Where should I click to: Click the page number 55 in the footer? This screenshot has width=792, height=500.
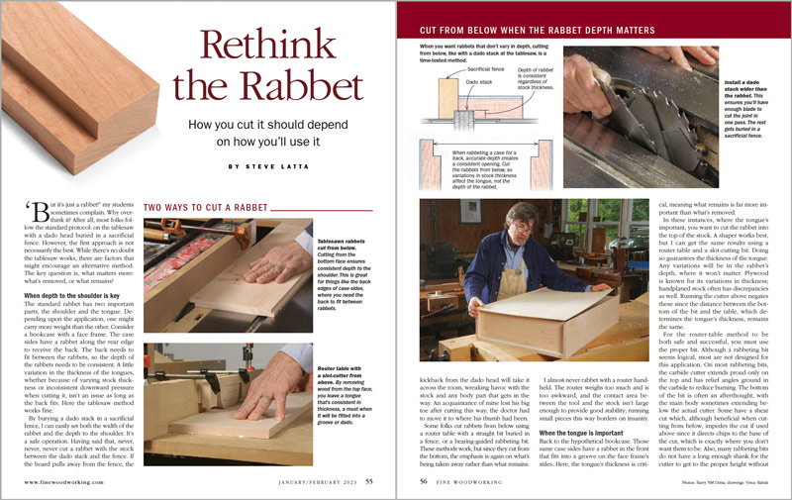pos(368,482)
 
